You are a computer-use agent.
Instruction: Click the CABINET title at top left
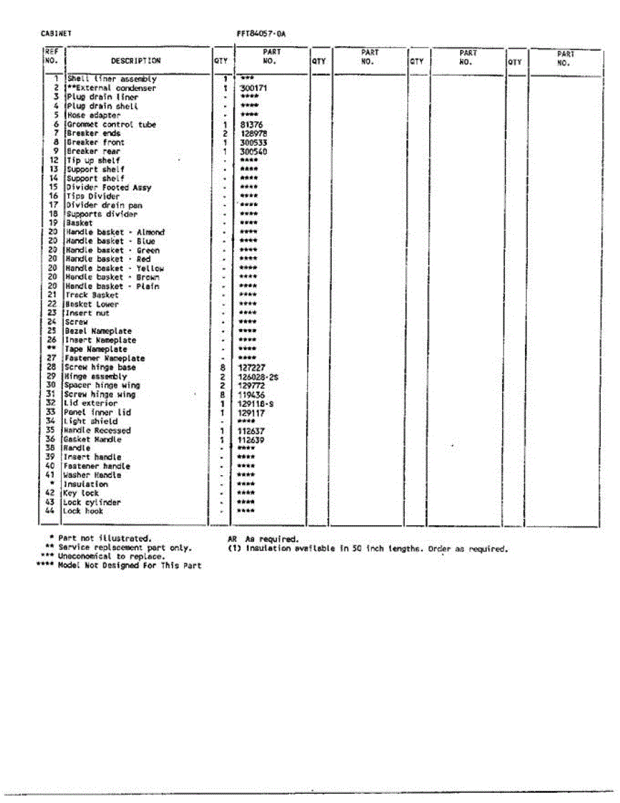(x=56, y=33)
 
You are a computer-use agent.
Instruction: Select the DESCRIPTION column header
(x=136, y=61)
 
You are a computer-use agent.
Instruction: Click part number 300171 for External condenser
(x=253, y=88)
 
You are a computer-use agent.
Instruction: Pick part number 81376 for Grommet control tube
(x=251, y=124)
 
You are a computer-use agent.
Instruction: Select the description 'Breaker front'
(x=95, y=143)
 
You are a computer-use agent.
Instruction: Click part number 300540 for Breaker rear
(x=253, y=152)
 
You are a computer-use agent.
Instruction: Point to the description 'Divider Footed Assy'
(x=108, y=188)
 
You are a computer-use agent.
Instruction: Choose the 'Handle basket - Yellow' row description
(x=114, y=268)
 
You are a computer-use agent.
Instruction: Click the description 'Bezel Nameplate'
(x=98, y=331)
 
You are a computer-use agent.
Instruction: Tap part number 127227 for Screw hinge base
(x=252, y=367)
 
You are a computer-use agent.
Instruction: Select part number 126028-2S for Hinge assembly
(x=257, y=377)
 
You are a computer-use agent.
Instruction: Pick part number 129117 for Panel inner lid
(x=251, y=413)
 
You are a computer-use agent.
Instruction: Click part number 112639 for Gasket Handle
(x=251, y=440)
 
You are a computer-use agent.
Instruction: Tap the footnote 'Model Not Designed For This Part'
(x=130, y=566)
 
